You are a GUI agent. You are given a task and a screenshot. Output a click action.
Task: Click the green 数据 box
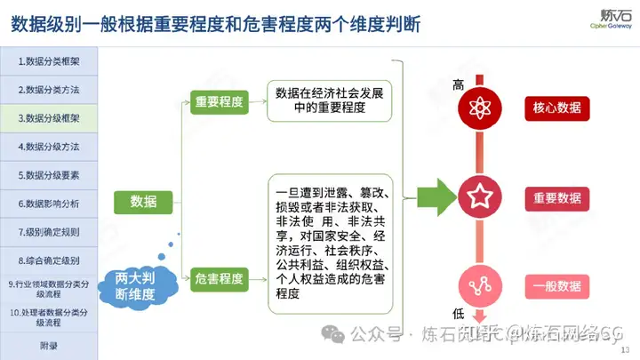coord(143,202)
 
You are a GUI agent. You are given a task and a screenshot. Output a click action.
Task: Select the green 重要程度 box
coord(219,102)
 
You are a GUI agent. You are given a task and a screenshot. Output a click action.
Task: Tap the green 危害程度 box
coord(219,279)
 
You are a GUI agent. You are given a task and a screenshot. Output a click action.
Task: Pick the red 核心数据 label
coord(557,108)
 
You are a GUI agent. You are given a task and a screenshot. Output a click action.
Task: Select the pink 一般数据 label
coord(557,286)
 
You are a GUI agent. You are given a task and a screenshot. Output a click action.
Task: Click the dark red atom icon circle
coord(481,108)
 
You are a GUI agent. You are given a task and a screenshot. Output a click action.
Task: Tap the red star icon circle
coord(481,197)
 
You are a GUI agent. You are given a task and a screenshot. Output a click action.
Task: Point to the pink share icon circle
coord(481,286)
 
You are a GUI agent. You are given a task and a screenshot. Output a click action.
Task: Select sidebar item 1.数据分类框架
coord(48,61)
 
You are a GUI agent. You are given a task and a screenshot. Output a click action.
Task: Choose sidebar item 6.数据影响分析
coord(48,204)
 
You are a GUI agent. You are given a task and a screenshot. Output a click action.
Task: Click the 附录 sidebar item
coord(48,346)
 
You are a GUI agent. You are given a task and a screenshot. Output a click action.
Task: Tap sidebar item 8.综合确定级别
coord(48,260)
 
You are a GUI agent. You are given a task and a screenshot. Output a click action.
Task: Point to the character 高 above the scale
coord(459,85)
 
